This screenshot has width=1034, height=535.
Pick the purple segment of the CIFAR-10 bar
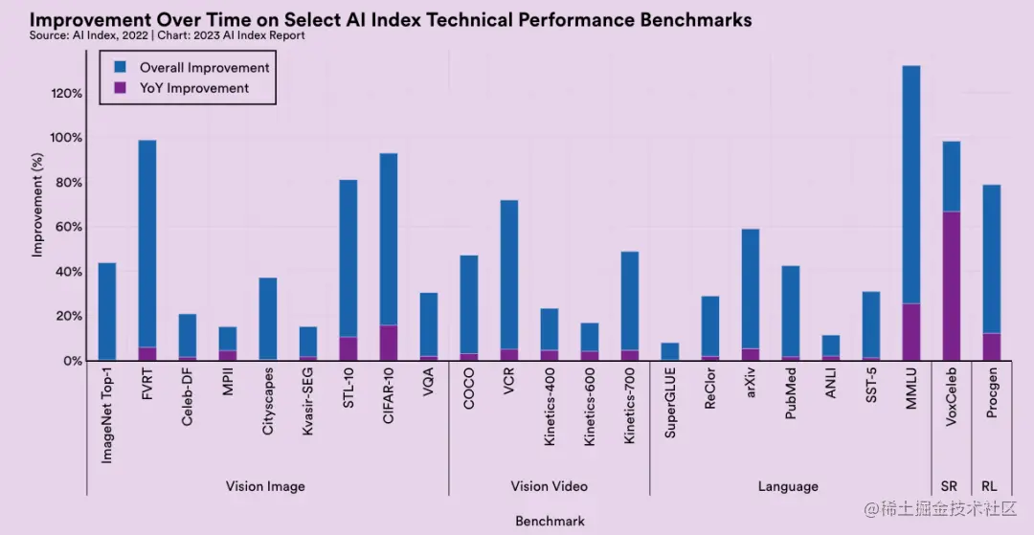[388, 343]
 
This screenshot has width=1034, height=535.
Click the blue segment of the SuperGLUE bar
[669, 351]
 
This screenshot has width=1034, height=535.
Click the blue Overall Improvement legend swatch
[121, 67]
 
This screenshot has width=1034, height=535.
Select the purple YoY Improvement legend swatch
[121, 88]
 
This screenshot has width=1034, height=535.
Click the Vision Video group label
[549, 486]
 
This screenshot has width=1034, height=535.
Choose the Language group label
[788, 486]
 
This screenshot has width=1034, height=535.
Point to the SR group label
[950, 486]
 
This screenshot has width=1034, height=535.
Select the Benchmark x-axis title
[550, 521]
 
